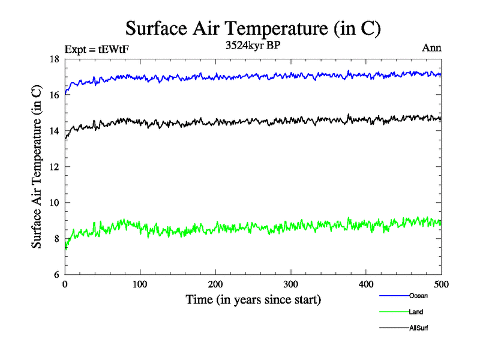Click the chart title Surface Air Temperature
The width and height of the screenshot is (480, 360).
pyautogui.click(x=253, y=29)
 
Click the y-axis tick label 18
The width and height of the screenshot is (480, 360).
pyautogui.click(x=55, y=59)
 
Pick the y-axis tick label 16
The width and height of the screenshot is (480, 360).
pyautogui.click(x=55, y=95)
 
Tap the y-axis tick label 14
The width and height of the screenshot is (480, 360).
pyautogui.click(x=55, y=131)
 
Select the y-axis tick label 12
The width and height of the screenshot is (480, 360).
pyautogui.click(x=55, y=167)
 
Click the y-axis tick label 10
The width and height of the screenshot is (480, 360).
pyautogui.click(x=55, y=203)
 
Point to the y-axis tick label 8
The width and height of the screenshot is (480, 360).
pyautogui.click(x=57, y=239)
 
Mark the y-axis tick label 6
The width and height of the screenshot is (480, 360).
pyautogui.click(x=57, y=274)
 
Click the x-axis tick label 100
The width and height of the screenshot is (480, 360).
pyautogui.click(x=140, y=284)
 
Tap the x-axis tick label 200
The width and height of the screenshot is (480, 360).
pyautogui.click(x=215, y=284)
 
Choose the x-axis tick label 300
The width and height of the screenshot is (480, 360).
pyautogui.click(x=291, y=284)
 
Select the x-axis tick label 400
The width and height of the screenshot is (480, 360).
pyautogui.click(x=366, y=284)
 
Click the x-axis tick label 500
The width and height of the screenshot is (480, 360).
pyautogui.click(x=441, y=284)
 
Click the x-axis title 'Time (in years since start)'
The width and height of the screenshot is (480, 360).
pyautogui.click(x=253, y=299)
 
